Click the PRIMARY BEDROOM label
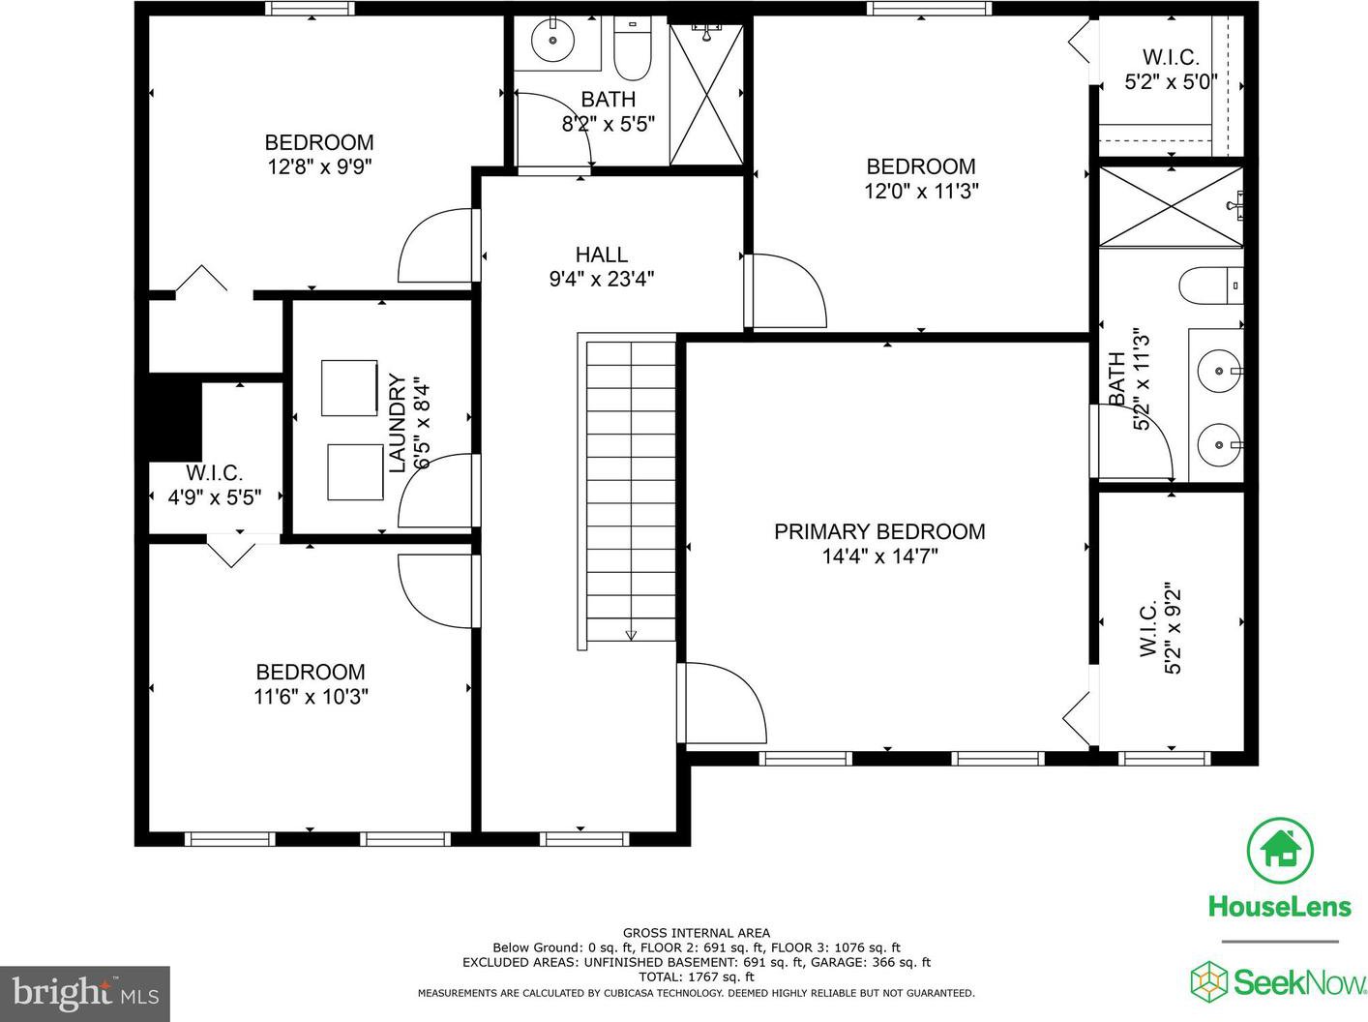click(879, 531)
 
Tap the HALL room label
click(602, 255)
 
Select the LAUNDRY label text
click(397, 423)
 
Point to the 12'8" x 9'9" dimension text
click(319, 167)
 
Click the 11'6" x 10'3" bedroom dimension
click(311, 696)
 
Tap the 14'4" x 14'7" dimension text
click(879, 556)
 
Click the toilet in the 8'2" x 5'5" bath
click(633, 48)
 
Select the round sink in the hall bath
click(552, 41)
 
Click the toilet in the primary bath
click(1211, 286)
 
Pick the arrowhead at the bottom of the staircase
click(631, 635)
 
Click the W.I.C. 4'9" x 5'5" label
click(215, 485)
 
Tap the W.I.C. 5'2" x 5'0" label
click(1171, 69)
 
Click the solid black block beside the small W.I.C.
click(175, 416)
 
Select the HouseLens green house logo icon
click(1280, 851)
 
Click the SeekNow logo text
click(1299, 982)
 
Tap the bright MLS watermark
click(85, 993)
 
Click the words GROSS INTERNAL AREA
click(697, 933)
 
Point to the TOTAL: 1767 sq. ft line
click(697, 977)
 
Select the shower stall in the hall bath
click(707, 95)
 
